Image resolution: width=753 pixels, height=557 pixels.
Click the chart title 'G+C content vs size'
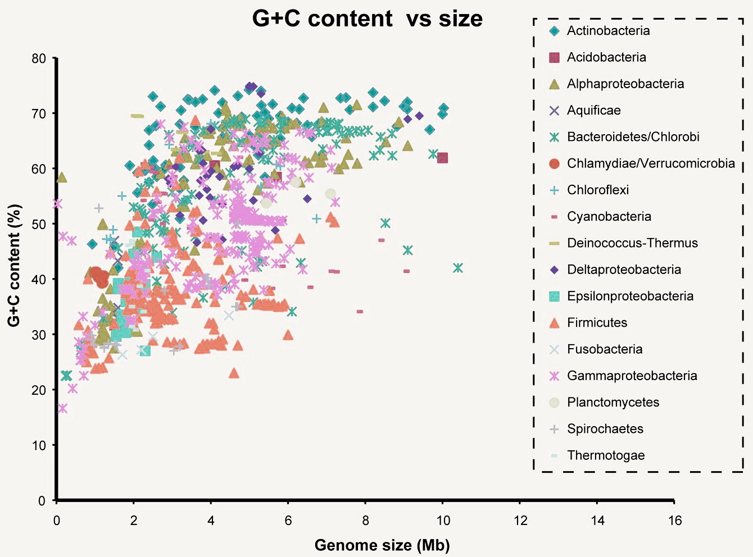click(367, 19)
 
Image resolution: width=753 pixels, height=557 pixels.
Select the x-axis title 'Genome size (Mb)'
click(382, 545)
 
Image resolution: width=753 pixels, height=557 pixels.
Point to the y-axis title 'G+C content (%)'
click(14, 265)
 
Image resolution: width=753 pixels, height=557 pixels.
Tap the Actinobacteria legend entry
click(608, 31)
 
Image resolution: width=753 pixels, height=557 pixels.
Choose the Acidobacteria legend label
click(606, 57)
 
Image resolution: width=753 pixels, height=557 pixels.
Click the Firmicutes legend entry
click(597, 323)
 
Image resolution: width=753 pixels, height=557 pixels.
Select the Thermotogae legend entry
click(606, 455)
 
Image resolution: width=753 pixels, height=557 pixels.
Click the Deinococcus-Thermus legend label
click(632, 243)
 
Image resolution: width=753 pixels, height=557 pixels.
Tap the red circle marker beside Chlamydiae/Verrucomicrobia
click(554, 163)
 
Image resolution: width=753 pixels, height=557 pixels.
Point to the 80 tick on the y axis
click(39, 58)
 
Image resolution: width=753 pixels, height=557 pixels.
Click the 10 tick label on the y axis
click(39, 445)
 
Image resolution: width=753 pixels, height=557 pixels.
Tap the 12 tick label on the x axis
click(520, 521)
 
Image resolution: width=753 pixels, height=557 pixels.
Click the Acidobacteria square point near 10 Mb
click(442, 158)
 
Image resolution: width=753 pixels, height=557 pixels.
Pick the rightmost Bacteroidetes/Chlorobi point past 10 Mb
click(458, 268)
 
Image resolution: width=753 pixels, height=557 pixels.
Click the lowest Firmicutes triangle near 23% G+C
click(234, 373)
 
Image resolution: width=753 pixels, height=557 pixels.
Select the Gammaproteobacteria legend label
click(632, 376)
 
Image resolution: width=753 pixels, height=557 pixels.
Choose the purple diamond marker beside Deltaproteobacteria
click(554, 270)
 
